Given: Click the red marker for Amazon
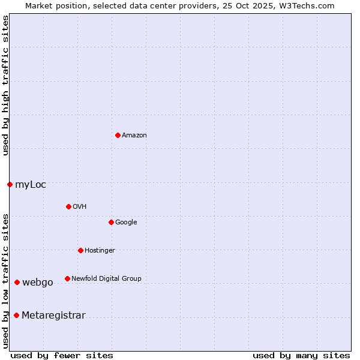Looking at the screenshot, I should pos(118,135).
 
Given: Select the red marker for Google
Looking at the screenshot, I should pos(111,222).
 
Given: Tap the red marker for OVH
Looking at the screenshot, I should pos(68,206).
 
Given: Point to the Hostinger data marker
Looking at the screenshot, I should pos(80,250).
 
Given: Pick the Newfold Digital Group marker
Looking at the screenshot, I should pos(67,278).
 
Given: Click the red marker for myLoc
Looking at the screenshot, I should pos(10,184).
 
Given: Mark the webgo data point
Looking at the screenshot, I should pos(17,282).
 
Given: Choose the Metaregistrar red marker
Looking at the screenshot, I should pos(16,315).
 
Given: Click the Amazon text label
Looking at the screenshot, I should pos(134,136).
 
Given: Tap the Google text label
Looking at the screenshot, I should pos(126,223).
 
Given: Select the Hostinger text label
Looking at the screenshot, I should pos(100,251).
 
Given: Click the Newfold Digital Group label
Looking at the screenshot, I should pos(106,279).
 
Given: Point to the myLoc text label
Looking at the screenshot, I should pos(31,185).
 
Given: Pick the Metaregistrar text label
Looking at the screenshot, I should pos(53,316).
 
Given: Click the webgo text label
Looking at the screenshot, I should pos(38,283).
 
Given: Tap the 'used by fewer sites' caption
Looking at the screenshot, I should pos(62,355).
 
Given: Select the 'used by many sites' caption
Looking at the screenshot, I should pos(301,355).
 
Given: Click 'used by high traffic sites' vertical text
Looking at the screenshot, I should pos(5,85).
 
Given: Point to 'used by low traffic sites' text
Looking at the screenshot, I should pos(5,280).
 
